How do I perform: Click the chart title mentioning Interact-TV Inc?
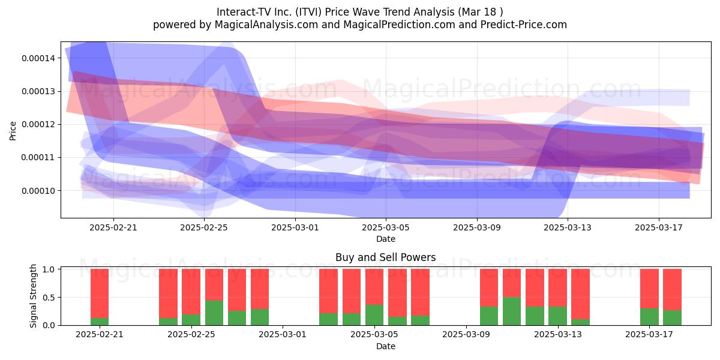pos(359,12)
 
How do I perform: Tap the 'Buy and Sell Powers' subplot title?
pos(385,257)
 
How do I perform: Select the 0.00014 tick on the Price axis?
pos(38,58)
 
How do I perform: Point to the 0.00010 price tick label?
pos(38,191)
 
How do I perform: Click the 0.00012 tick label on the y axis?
pos(38,124)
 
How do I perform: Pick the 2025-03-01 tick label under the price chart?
pos(295,227)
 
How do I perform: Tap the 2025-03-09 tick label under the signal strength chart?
pos(466,334)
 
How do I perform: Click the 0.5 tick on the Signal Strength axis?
pos(49,298)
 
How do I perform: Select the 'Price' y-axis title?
pos(13,131)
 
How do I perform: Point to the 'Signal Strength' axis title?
pos(33,296)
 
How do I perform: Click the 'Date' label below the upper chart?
pos(386,239)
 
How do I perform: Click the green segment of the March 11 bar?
pos(512,311)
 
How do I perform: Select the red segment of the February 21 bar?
pos(100,293)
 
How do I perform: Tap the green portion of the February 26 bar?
pos(214,313)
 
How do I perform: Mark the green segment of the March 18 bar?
pos(672,317)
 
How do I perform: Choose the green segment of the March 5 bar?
pos(374,315)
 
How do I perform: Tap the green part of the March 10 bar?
pos(489,316)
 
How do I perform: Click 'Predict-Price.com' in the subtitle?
pos(524,25)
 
